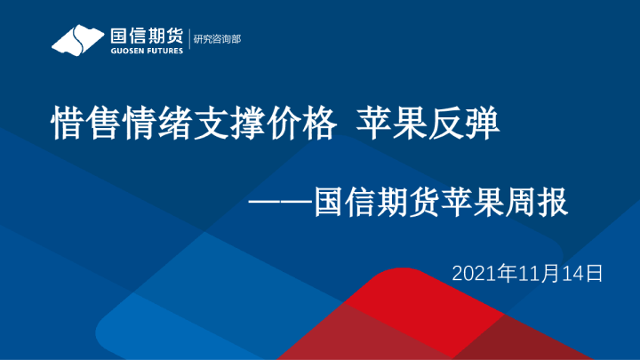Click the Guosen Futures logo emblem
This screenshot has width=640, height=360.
(x=78, y=41)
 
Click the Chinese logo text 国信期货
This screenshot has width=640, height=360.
(x=146, y=36)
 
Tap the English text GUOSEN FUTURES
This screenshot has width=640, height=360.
(x=146, y=51)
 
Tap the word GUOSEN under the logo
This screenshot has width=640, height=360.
(x=124, y=51)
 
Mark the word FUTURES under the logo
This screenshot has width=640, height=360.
(x=164, y=51)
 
